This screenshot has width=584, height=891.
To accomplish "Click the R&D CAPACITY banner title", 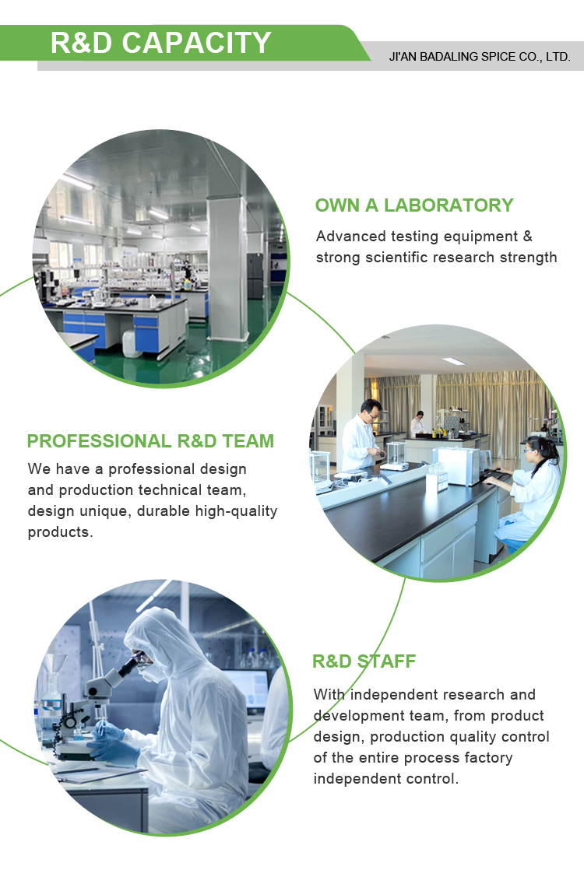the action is (x=161, y=43).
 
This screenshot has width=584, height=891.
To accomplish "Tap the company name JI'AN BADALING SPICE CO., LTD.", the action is (x=480, y=57).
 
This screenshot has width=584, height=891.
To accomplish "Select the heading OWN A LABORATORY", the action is (x=414, y=205).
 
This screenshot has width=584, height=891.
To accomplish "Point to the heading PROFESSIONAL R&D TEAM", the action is (x=151, y=441).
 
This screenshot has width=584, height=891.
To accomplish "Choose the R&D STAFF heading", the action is (x=364, y=661).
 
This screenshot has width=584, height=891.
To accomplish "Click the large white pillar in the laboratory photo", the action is (x=227, y=267).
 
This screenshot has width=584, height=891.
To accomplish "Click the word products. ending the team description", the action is (x=60, y=531).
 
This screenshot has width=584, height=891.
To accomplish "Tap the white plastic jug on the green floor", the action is (x=132, y=344).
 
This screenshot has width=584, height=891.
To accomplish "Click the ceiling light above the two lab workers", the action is (x=454, y=361).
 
